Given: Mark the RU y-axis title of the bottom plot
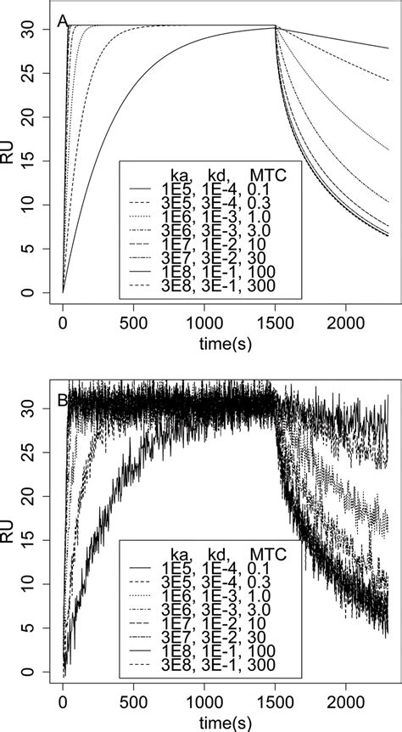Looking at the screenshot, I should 11,535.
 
